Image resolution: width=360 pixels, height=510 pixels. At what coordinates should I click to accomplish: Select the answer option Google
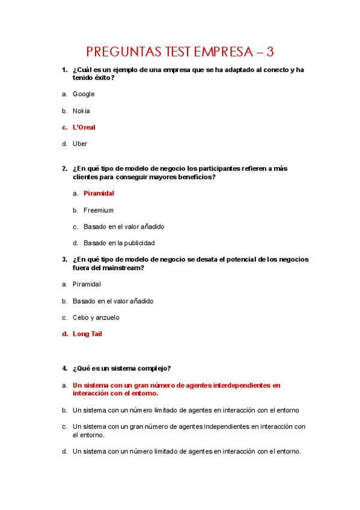tap(84, 94)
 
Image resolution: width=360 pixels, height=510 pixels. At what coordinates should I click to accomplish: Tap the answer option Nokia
tap(81, 111)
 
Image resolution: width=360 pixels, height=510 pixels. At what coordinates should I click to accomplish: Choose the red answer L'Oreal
tap(84, 127)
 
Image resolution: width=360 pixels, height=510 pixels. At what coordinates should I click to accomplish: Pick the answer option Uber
tap(80, 144)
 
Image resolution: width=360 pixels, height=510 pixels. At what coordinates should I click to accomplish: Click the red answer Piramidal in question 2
tap(99, 194)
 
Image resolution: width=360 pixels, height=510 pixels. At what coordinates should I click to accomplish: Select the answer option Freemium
tap(99, 210)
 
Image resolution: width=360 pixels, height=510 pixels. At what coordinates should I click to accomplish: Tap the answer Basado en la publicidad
tap(119, 244)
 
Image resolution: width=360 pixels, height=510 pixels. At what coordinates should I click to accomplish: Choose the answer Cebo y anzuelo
tap(96, 318)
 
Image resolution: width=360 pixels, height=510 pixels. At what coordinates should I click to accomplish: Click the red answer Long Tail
tap(87, 334)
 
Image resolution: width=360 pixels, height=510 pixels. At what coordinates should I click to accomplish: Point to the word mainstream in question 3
tap(123, 268)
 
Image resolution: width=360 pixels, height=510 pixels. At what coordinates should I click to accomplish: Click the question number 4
tap(64, 368)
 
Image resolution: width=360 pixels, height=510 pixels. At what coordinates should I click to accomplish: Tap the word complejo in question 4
tap(154, 368)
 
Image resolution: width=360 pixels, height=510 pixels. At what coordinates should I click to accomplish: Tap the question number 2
tap(64, 169)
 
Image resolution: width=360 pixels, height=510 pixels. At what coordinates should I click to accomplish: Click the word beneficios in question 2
tap(194, 177)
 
